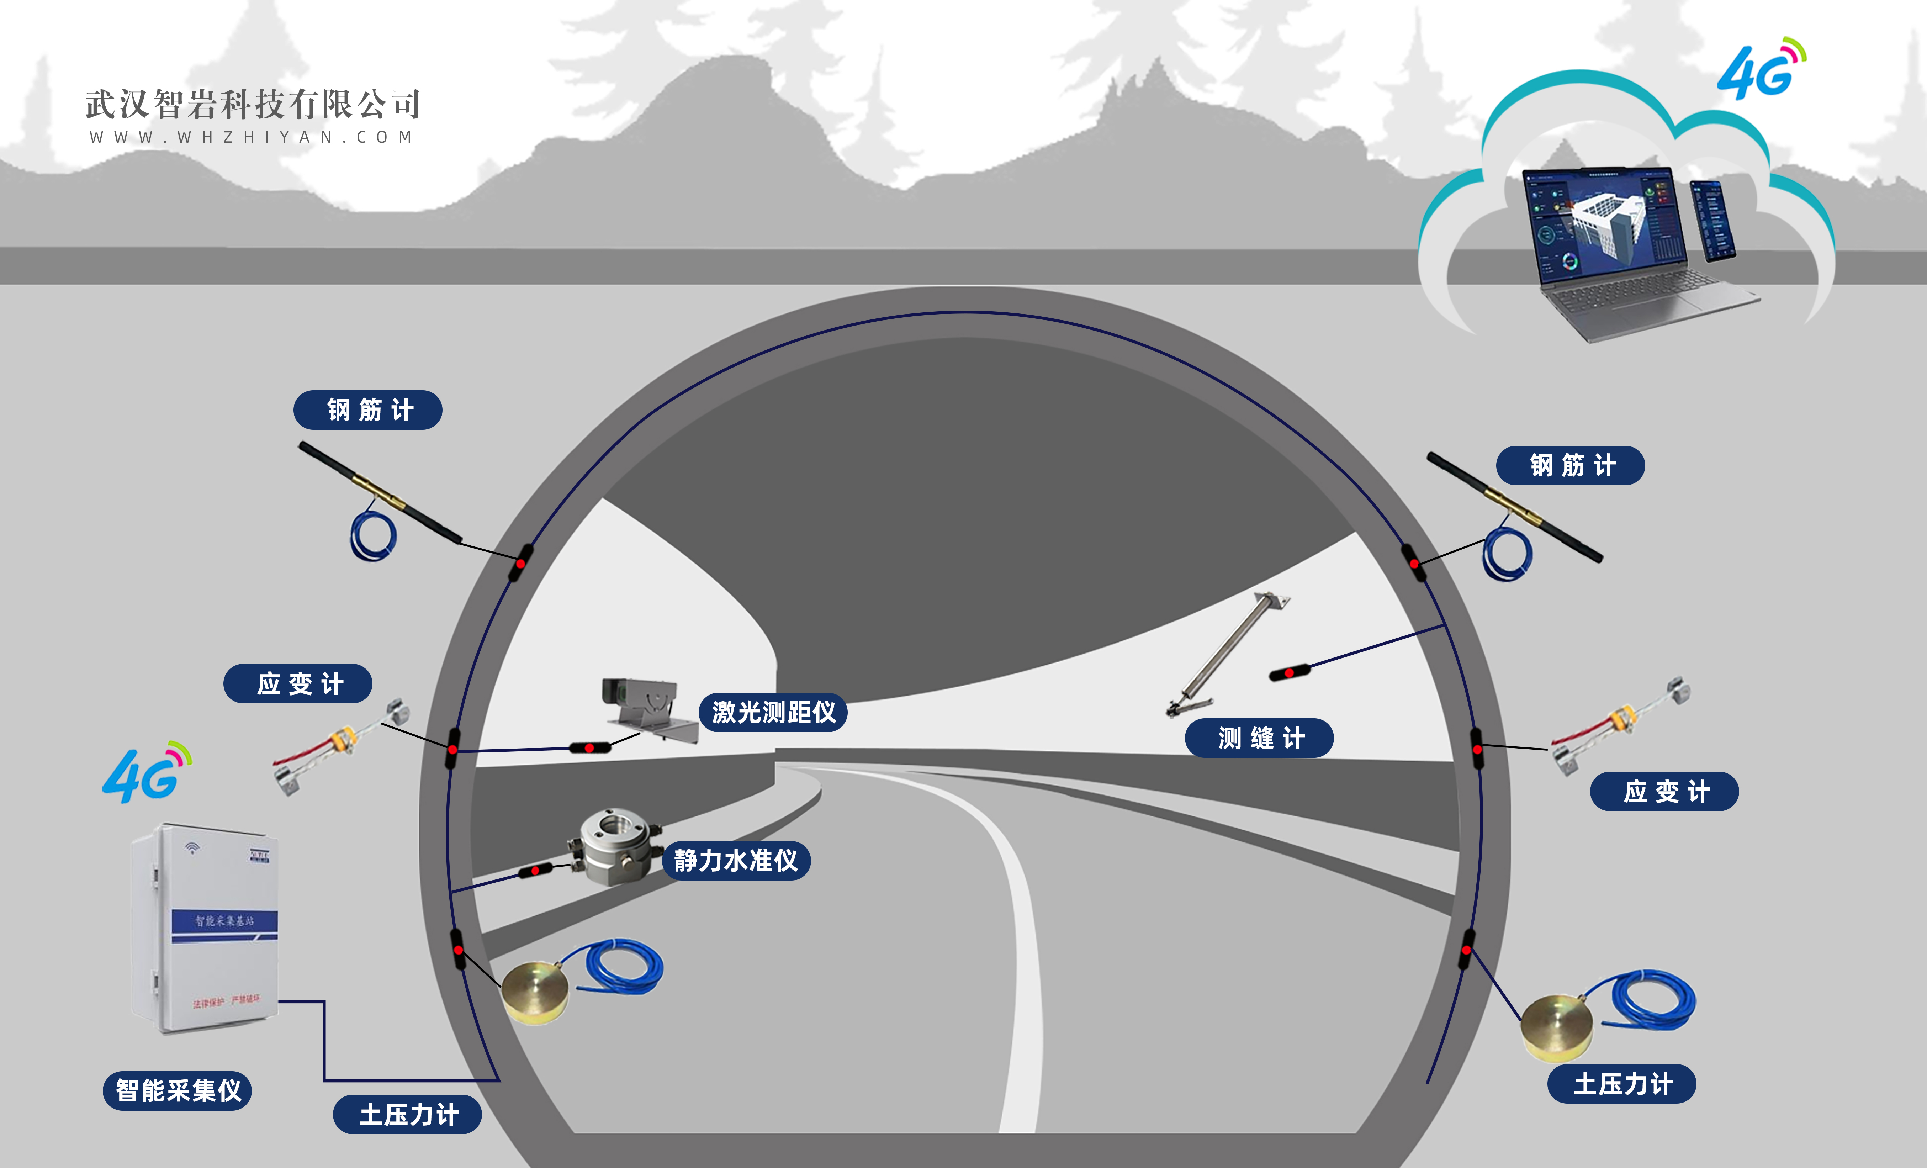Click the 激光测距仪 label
coord(773,712)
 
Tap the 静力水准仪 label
coord(736,861)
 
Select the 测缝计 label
coord(1259,738)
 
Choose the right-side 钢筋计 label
coord(1571,465)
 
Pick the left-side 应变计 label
coord(298,684)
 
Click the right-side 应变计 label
coord(1664,792)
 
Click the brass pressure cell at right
coord(1556,1026)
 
